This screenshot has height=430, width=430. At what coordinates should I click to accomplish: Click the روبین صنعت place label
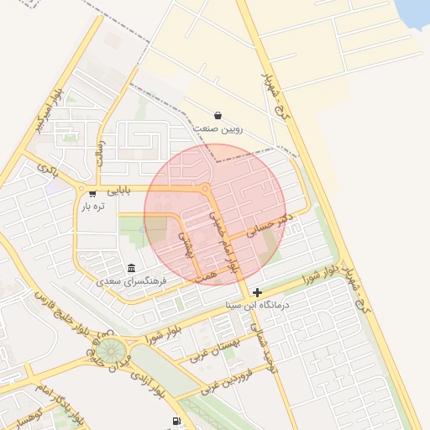tap(218, 129)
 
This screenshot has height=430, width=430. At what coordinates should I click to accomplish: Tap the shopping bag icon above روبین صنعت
tap(218, 115)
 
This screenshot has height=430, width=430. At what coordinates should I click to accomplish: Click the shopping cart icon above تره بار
tap(92, 193)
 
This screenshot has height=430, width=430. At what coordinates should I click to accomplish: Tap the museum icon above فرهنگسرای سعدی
tap(131, 268)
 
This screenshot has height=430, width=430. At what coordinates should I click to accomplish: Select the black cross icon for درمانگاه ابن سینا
tap(257, 292)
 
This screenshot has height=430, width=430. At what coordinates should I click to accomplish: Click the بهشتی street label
tap(188, 244)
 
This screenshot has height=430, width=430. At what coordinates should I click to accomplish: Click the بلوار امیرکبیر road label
tap(49, 110)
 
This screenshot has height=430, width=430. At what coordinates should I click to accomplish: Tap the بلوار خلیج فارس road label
tap(64, 311)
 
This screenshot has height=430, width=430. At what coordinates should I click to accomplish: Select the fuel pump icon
tap(176, 421)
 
